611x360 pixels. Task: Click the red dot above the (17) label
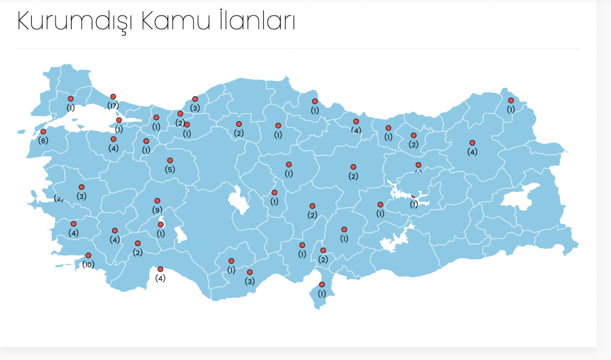[113, 96]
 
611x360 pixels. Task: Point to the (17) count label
[113, 106]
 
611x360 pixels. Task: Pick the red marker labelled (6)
[43, 131]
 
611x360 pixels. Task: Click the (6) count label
[42, 141]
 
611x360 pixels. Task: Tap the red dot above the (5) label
[170, 161]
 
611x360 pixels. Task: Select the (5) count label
[170, 170]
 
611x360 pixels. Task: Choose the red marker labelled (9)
[158, 201]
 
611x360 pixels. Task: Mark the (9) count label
[158, 210]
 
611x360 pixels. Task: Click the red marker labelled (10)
[88, 256]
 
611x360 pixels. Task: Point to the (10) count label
[88, 264]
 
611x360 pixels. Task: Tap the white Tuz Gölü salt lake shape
[240, 200]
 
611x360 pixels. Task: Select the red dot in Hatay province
[322, 284]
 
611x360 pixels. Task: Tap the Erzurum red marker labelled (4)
[472, 143]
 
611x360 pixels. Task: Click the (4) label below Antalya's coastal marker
[160, 278]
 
